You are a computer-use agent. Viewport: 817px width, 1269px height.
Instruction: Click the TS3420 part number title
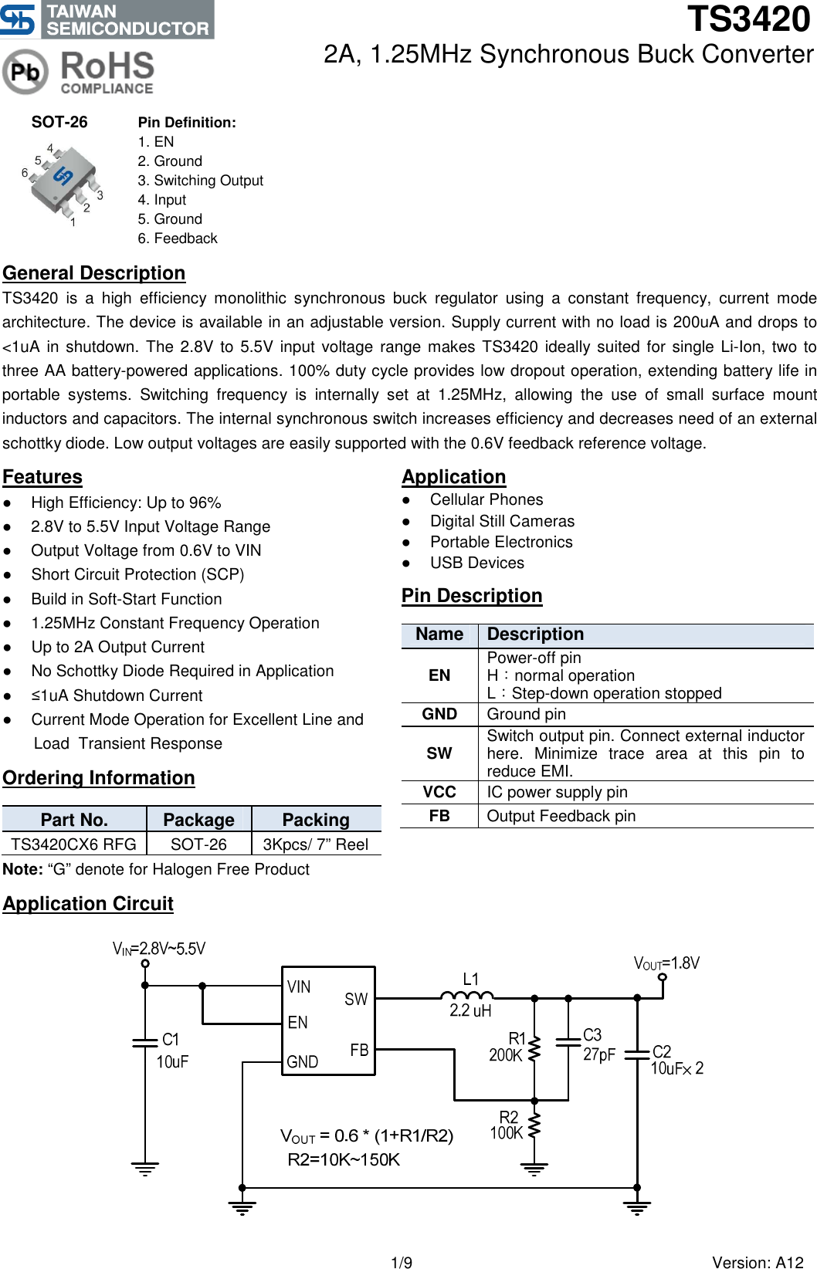click(748, 19)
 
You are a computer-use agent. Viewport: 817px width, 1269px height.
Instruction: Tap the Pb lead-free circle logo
click(25, 72)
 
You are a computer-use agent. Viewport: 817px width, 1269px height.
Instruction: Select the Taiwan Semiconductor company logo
click(107, 19)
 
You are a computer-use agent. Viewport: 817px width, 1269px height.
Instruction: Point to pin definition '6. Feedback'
click(178, 239)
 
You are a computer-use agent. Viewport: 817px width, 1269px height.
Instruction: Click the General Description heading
click(93, 273)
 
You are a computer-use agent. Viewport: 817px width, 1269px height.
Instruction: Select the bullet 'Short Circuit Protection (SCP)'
click(137, 574)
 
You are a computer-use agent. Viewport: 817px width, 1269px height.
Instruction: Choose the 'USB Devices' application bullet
click(476, 563)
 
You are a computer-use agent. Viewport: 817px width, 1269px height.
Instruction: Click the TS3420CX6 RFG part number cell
click(73, 844)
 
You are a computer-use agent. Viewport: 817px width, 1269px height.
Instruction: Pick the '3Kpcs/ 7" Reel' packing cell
click(315, 844)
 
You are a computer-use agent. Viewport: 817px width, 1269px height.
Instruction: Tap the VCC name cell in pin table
click(439, 792)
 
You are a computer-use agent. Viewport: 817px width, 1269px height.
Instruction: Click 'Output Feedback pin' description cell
click(561, 816)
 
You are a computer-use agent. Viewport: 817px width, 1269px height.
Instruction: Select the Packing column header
click(315, 820)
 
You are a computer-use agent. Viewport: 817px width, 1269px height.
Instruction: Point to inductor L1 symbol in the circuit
click(467, 995)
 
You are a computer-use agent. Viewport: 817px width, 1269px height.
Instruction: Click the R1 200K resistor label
click(507, 1047)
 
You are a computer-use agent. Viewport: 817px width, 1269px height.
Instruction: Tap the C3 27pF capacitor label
click(598, 1044)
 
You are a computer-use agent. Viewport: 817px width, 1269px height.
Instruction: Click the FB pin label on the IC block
click(359, 1050)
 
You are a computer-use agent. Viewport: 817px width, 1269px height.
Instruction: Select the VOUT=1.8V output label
click(666, 963)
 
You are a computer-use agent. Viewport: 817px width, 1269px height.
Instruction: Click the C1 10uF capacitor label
click(171, 1051)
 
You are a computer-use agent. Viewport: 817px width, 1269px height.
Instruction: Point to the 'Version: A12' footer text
click(757, 1262)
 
